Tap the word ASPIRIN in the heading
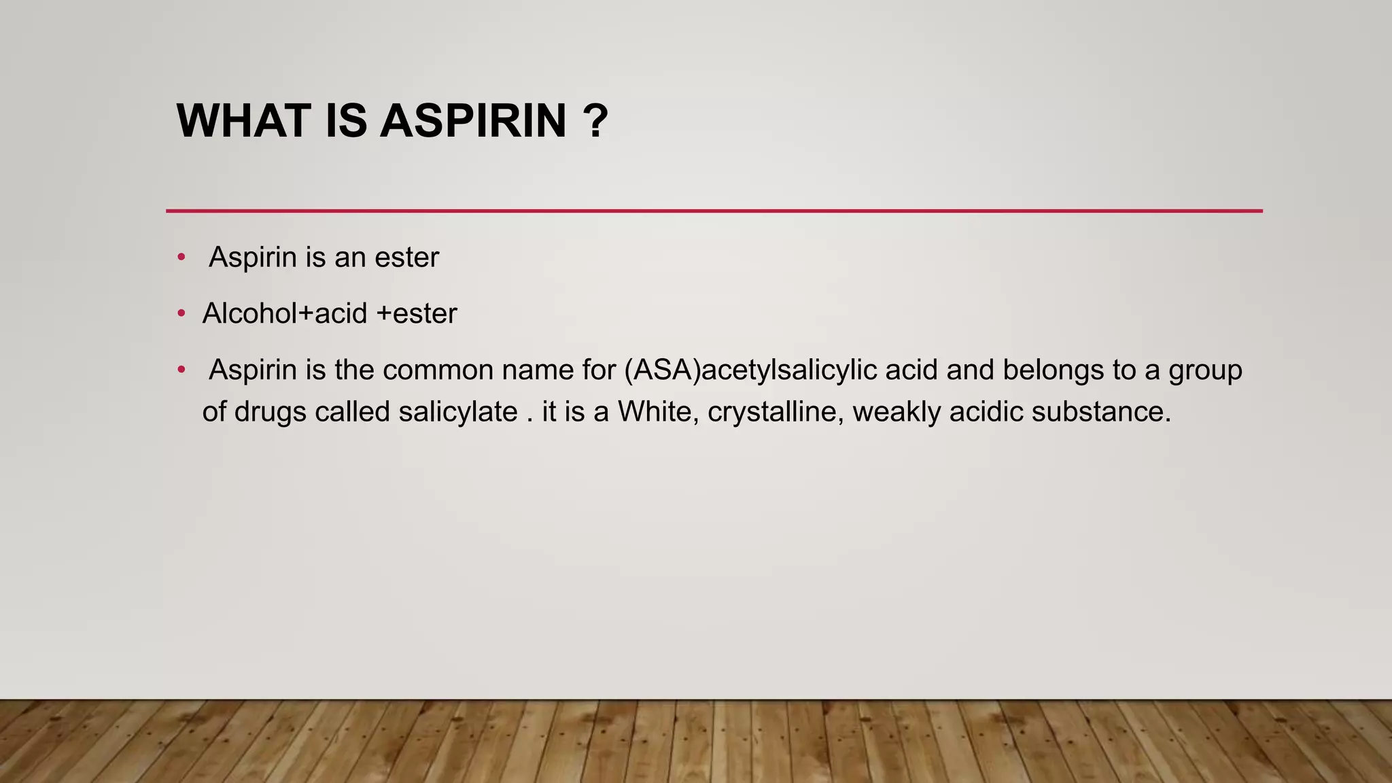[473, 121]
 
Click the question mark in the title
[595, 121]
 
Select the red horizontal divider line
[714, 211]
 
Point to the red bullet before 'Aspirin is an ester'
[181, 257]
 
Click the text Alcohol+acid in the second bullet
[285, 313]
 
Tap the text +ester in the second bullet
[416, 314]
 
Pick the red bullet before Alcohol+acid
[181, 313]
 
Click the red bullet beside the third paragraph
[181, 370]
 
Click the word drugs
[270, 413]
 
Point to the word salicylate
[458, 413]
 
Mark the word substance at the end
[1101, 412]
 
